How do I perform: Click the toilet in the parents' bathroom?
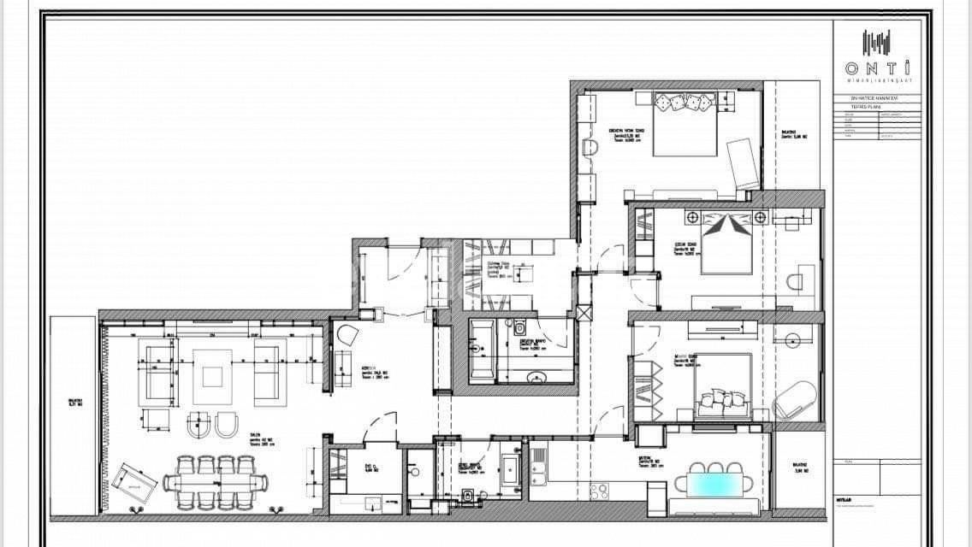click(x=520, y=328)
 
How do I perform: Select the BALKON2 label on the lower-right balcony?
click(x=800, y=469)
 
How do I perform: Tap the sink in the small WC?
click(x=412, y=469)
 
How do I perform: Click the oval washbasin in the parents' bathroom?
click(x=539, y=377)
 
